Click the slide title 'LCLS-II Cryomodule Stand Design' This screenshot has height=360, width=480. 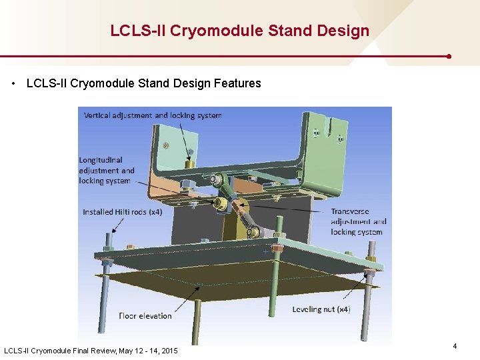[x=239, y=31]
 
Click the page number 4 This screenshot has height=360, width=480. [x=455, y=346]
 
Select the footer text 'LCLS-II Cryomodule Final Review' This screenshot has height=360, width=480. [x=60, y=351]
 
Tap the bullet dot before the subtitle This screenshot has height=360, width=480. [x=14, y=84]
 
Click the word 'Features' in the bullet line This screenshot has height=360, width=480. [x=237, y=83]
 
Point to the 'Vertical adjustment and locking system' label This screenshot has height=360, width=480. [x=153, y=115]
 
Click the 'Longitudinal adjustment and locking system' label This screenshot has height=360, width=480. [x=106, y=171]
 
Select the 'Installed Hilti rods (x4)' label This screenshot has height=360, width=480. [x=122, y=212]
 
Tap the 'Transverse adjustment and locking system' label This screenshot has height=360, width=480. [x=358, y=222]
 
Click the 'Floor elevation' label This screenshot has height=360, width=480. [x=145, y=315]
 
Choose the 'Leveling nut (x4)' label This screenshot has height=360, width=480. [x=321, y=309]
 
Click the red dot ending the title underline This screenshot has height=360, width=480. [x=449, y=57]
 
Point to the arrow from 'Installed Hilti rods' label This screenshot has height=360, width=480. [x=114, y=225]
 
